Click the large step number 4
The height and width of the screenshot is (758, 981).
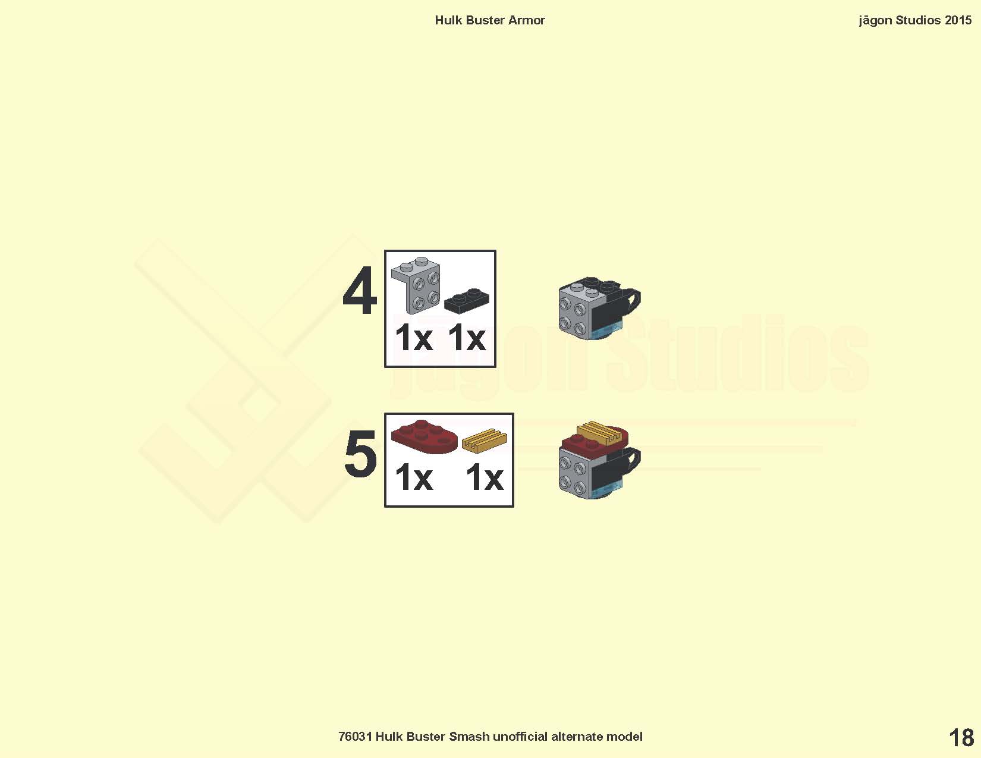coord(360,291)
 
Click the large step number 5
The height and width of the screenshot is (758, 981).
coord(360,454)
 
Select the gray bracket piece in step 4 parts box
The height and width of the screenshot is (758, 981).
coord(416,285)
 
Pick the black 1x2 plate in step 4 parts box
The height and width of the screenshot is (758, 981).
coord(466,301)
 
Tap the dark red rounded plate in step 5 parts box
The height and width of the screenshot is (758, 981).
coord(424,436)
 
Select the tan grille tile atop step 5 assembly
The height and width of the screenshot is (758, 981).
coord(603,432)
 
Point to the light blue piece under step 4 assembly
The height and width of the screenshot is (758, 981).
coord(605,333)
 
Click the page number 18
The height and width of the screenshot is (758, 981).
coord(961,738)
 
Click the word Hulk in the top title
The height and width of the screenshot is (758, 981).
coord(449,20)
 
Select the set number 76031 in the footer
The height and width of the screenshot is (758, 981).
coord(356,737)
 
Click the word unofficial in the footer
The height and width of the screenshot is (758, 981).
coord(520,737)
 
